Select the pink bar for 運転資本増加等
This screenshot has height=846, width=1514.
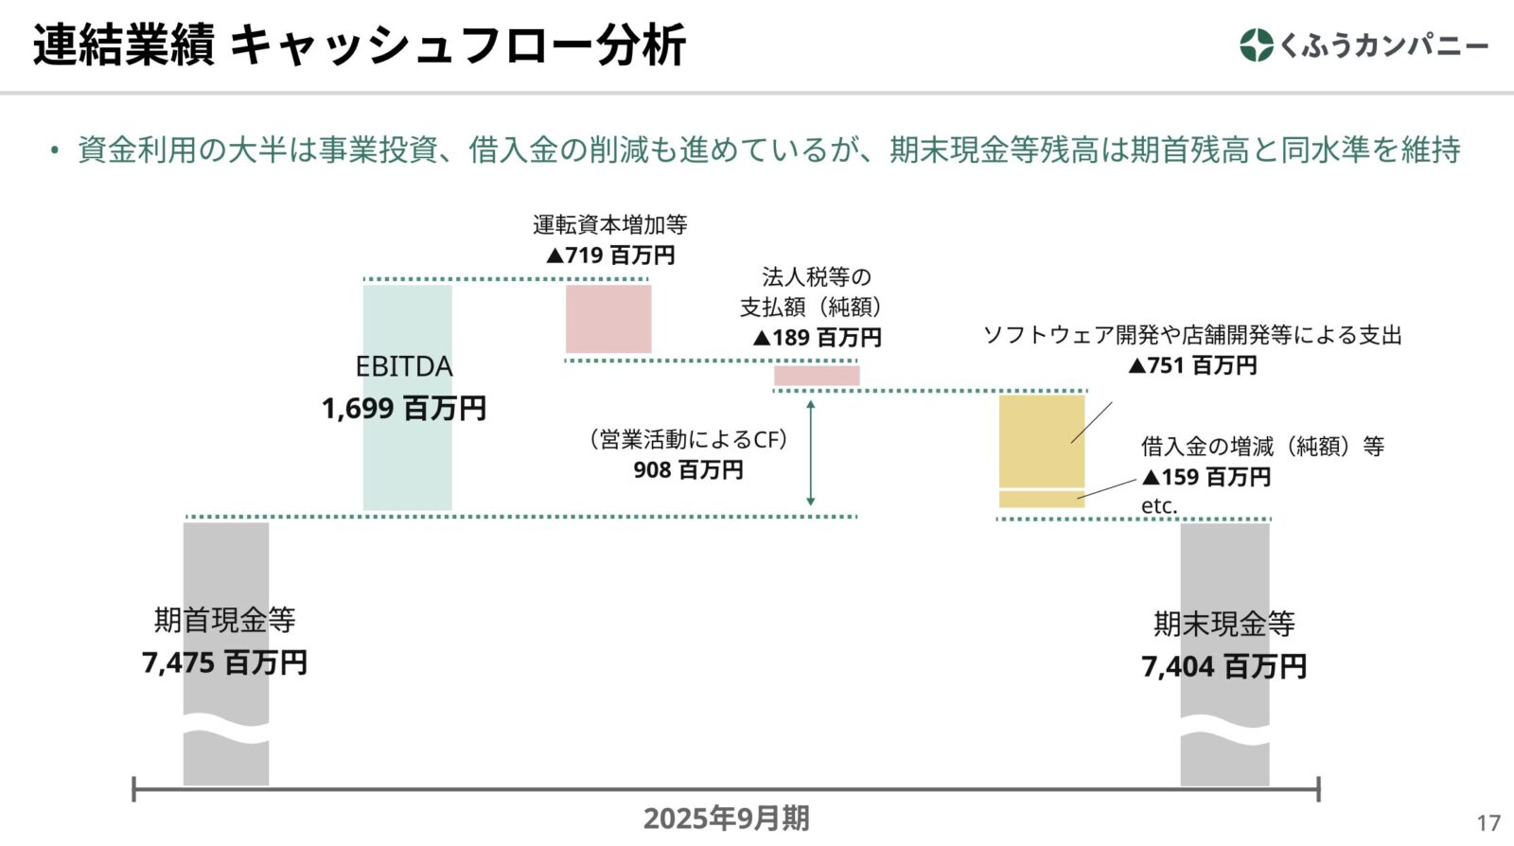(x=608, y=319)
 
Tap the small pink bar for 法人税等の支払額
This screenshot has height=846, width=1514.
(x=817, y=376)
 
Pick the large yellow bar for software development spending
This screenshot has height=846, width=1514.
(x=1041, y=441)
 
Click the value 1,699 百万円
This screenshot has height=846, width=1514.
(x=404, y=409)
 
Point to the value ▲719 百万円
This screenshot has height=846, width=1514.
(x=610, y=256)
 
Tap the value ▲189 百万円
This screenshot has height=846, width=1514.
(x=817, y=338)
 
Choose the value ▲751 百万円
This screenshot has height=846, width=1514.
(x=1192, y=365)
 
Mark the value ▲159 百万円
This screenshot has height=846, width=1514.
(x=1206, y=477)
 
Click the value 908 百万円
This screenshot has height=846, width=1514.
(x=688, y=470)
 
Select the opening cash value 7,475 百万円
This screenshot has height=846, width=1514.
(x=224, y=663)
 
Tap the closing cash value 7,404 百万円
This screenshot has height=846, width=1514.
(x=1224, y=667)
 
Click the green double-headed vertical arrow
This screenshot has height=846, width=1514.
(x=810, y=453)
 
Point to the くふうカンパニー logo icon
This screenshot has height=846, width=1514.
(x=1256, y=45)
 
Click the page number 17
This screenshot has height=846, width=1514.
(x=1488, y=823)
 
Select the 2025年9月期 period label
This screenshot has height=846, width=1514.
(x=726, y=819)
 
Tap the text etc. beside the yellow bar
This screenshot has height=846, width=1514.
(x=1159, y=506)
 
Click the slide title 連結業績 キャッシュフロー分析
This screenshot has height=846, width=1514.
(x=360, y=45)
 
